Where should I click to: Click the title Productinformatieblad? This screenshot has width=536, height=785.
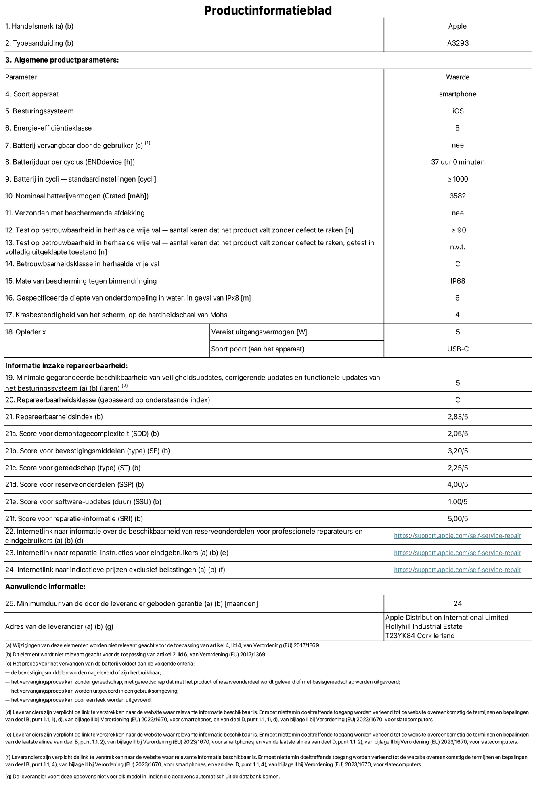pos(268,10)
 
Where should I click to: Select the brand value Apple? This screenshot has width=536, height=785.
pos(457,26)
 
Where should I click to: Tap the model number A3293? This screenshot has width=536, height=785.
pos(458,43)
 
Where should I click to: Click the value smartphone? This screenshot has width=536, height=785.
pos(458,94)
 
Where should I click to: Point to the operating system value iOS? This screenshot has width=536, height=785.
pos(458,111)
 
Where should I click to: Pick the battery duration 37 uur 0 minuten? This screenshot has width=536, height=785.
pos(458,162)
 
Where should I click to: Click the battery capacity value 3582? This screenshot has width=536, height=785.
pos(458,196)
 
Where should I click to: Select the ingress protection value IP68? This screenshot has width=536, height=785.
pos(458,281)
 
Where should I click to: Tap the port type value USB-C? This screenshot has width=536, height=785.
pos(458,349)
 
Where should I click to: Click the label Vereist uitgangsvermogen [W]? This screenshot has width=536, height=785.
pos(259,332)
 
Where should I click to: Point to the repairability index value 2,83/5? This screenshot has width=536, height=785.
pos(458,417)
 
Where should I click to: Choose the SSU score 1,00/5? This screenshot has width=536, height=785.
pos(458,502)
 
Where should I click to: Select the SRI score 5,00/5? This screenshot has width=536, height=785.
pos(458,519)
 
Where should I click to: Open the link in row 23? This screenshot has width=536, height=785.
pos(457,553)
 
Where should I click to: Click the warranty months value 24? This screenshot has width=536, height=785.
pos(458,603)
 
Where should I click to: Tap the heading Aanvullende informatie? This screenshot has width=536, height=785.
pos(45,587)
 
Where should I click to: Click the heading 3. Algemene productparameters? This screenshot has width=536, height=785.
pos(62,60)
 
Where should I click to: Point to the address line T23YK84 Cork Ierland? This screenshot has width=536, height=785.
pos(420,636)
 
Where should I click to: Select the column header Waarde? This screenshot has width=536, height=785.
pos(458,77)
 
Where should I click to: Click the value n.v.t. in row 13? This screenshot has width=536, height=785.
pos(458,247)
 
